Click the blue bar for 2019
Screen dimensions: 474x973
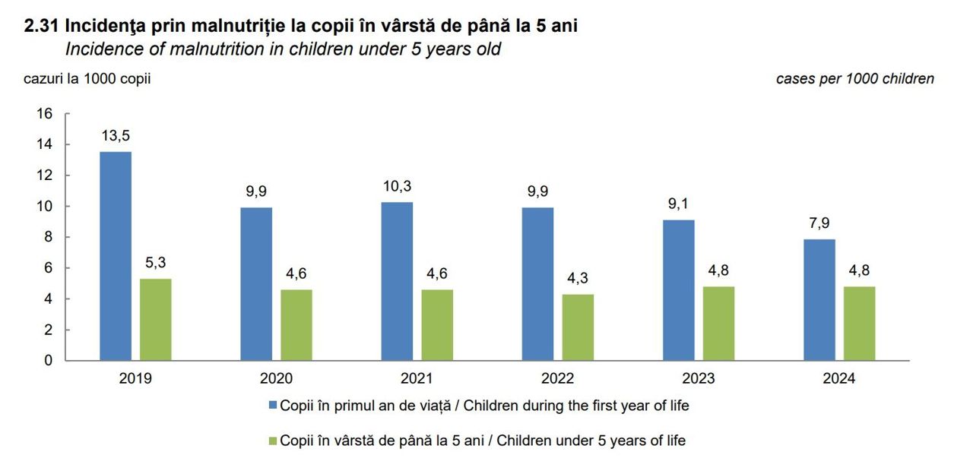pos(115,256)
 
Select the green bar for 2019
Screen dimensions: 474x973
pos(155,319)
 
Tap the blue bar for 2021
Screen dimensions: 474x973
pos(397,281)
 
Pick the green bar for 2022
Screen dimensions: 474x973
pos(578,327)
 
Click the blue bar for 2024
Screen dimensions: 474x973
pos(819,299)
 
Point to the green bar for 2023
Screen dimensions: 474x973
pos(719,323)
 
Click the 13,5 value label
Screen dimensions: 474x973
pos(115,136)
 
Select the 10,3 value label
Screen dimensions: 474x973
pos(397,186)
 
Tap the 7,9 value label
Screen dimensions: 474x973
pos(819,223)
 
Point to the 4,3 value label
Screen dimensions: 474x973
pos(578,278)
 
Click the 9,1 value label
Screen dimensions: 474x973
pos(679,204)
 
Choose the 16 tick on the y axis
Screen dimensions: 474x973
pos(44,114)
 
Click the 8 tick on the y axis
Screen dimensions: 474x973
pos(48,237)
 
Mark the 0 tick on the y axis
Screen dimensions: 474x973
pos(48,361)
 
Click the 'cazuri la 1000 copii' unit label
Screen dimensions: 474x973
pos(87,79)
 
